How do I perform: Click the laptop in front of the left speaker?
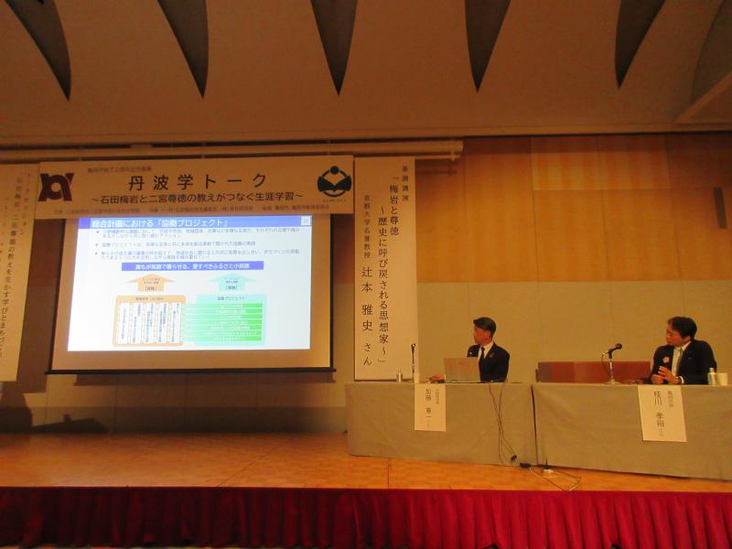[461, 369]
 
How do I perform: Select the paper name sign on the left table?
[430, 406]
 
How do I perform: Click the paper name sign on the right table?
[662, 413]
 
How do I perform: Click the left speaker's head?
[484, 329]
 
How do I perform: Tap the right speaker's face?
[678, 333]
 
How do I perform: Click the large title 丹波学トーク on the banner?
[199, 179]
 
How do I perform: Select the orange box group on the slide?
[148, 320]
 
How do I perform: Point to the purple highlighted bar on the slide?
[193, 265]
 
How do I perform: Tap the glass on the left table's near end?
[400, 375]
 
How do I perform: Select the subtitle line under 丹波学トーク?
[198, 198]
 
